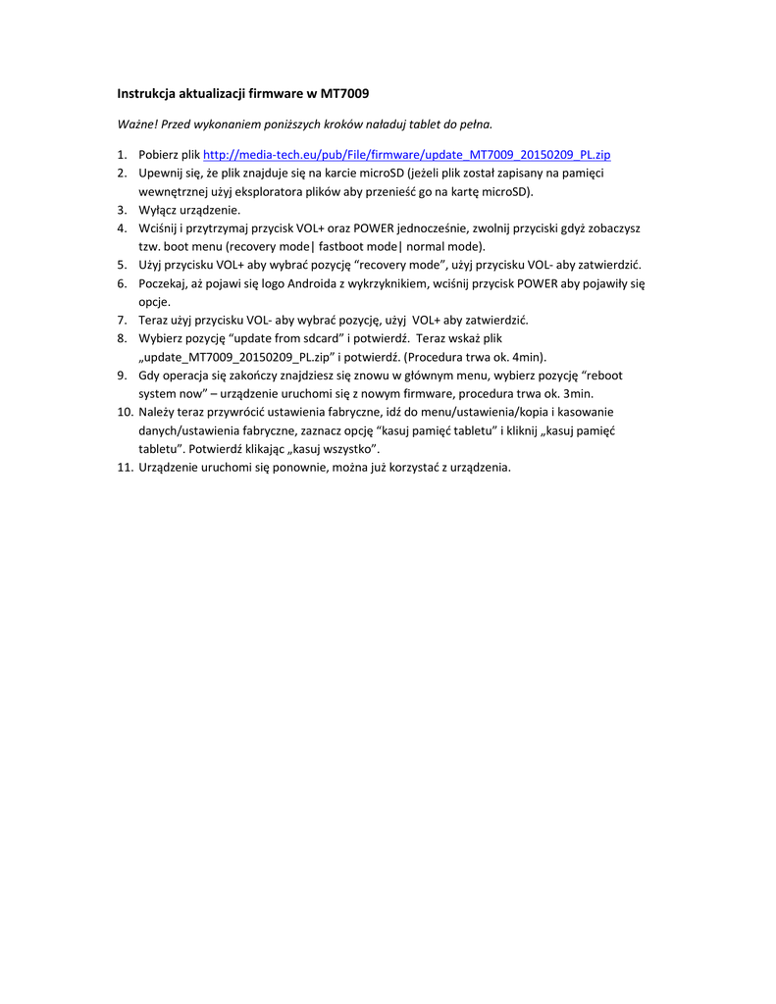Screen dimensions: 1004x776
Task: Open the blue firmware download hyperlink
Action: point(406,155)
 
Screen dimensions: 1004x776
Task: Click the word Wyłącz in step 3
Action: point(158,210)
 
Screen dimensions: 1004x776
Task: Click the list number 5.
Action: point(122,265)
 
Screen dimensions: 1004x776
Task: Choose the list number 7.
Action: point(122,320)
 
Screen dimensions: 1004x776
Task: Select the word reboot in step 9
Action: point(605,376)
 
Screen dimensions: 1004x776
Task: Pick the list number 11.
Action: point(125,467)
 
